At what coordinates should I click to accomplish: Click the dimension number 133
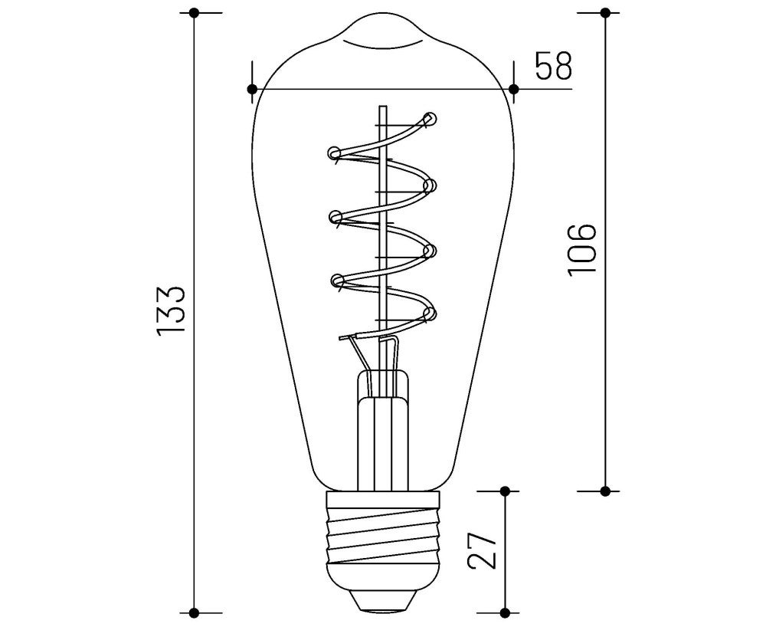tap(171, 310)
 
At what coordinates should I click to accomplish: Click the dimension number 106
tap(581, 251)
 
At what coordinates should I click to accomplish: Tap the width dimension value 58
tap(553, 67)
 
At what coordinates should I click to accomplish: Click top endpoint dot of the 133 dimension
tap(195, 13)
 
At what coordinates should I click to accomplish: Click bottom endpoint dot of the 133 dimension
tap(195, 612)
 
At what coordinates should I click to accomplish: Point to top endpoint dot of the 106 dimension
tap(605, 13)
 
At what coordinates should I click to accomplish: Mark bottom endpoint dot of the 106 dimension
tap(605, 490)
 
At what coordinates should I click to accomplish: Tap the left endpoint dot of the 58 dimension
tap(253, 89)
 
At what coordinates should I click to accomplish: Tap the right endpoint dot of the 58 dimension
tap(513, 89)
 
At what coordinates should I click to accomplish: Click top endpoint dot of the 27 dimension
tap(505, 490)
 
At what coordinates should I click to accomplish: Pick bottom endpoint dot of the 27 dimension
tap(505, 612)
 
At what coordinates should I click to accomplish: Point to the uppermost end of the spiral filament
tap(429, 119)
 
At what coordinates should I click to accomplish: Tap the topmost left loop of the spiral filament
tap(335, 153)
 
